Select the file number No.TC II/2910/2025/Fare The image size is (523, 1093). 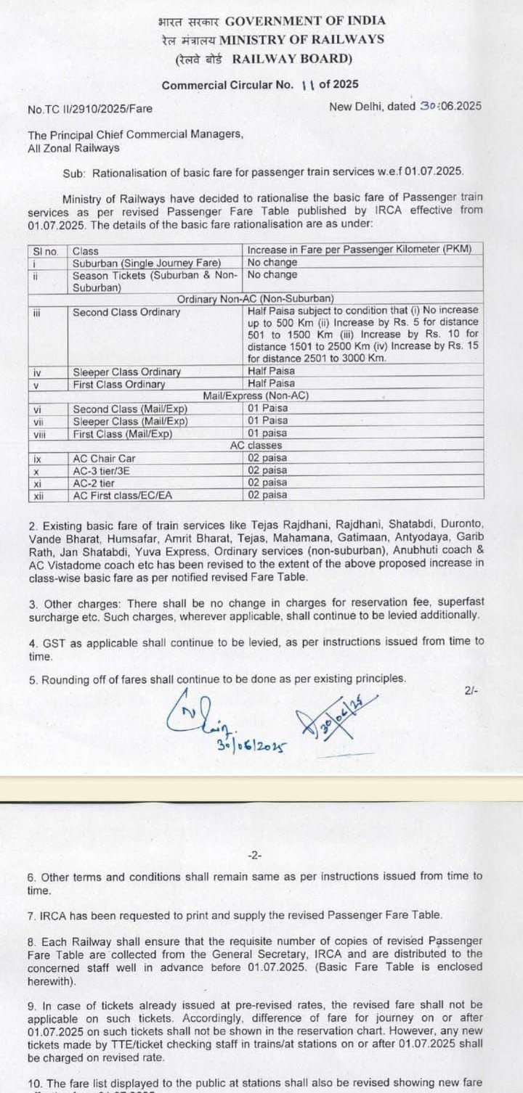coord(90,109)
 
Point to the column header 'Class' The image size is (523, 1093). coord(86,250)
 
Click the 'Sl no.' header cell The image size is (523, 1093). coord(46,250)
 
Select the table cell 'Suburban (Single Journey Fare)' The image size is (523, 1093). coord(137,262)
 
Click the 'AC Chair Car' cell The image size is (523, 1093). coord(104,459)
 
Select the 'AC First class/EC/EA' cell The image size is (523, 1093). coord(124,496)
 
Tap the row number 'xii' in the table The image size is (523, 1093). coord(39,496)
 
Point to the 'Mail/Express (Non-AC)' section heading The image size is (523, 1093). coord(256,396)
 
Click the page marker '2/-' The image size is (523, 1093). coord(471,691)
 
